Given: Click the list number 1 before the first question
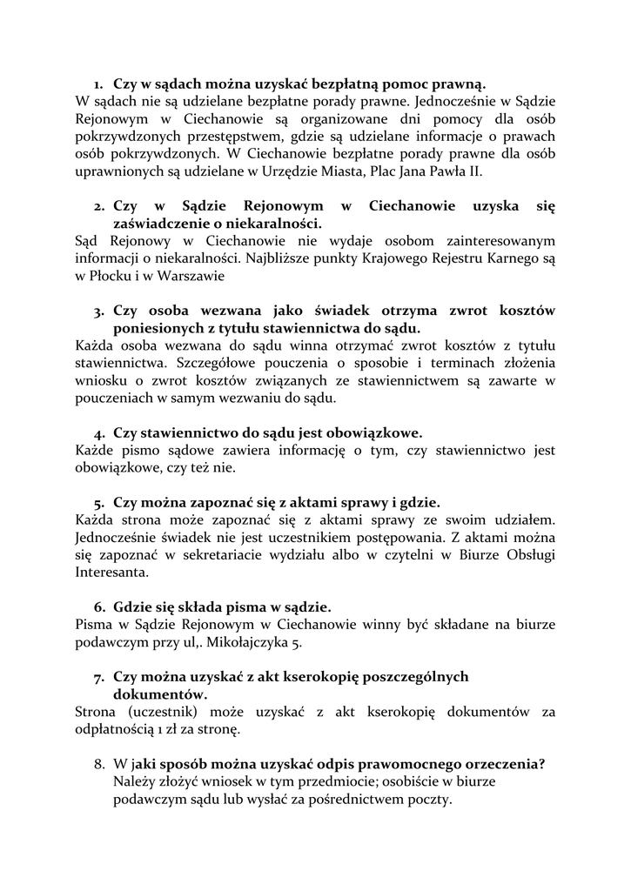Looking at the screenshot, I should tap(97, 83).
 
